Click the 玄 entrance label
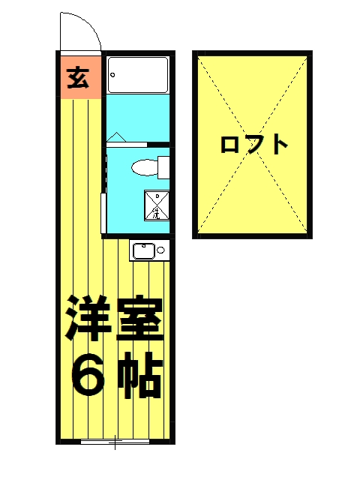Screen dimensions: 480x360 [x=77, y=77]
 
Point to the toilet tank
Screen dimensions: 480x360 [x=163, y=166]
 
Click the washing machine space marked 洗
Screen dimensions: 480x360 [x=156, y=205]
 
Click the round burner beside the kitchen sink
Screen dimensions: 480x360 [x=160, y=250]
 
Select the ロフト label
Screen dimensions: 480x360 [x=253, y=143]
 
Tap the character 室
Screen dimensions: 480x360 [x=139, y=318]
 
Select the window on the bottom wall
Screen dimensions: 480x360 [x=112, y=442]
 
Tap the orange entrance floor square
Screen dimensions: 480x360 [x=79, y=77]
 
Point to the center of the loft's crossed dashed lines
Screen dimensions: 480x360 [x=253, y=144]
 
